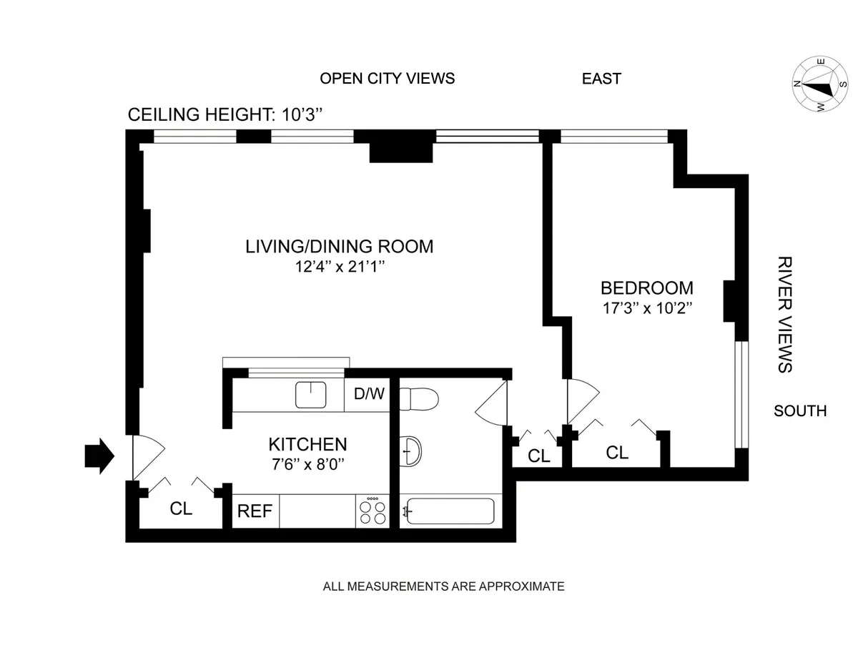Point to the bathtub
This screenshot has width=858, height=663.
(x=448, y=511)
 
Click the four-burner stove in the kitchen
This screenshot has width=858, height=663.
(x=372, y=511)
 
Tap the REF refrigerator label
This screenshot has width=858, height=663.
(x=255, y=511)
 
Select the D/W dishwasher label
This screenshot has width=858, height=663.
(x=368, y=394)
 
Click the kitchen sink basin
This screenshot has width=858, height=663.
(x=311, y=394)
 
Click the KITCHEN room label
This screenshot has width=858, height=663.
(x=307, y=444)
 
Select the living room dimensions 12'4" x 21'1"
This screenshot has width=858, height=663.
(x=340, y=267)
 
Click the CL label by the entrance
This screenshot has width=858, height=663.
(x=182, y=509)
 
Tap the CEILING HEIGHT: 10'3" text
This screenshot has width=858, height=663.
(x=226, y=115)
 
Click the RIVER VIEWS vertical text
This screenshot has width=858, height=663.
(x=784, y=314)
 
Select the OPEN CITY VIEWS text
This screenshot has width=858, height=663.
(x=387, y=79)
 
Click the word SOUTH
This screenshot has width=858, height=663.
(x=800, y=411)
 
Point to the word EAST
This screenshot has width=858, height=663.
(x=601, y=79)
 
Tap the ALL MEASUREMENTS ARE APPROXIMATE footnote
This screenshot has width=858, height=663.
(x=443, y=586)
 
